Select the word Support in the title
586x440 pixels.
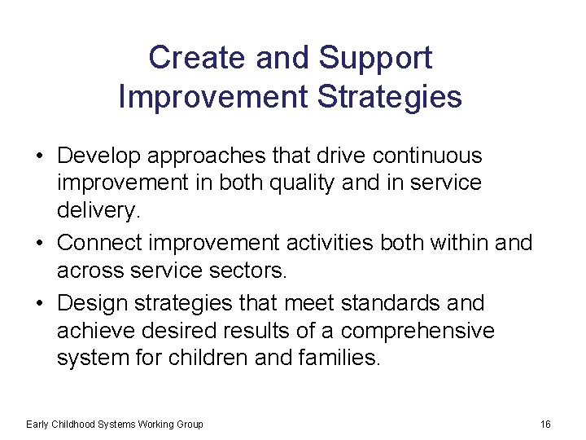pos(375,58)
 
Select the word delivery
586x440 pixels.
pos(98,211)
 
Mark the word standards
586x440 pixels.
pos(405,303)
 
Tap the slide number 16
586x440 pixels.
pos(545,424)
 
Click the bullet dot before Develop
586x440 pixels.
pos(40,156)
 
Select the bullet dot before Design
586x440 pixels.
pos(40,303)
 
